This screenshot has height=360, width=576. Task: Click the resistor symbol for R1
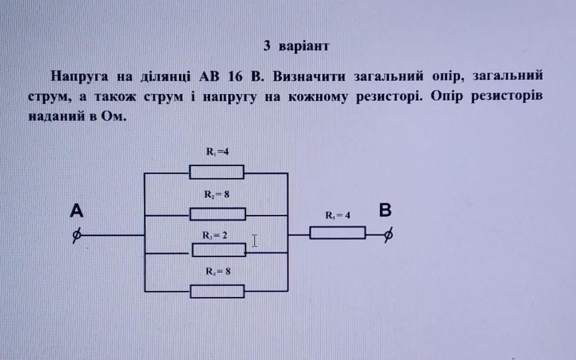217,171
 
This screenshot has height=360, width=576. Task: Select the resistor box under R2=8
218,214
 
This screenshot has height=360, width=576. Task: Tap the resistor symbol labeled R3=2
219,251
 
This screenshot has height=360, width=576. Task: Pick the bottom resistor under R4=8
217,292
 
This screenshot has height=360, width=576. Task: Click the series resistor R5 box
338,233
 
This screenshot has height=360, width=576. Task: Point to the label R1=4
217,152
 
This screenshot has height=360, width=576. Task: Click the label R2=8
217,194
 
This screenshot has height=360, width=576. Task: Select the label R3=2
216,235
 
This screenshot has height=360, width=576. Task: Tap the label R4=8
217,272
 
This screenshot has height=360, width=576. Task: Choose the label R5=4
337,216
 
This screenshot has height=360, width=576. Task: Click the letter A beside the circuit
76,212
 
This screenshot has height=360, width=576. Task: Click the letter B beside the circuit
386,210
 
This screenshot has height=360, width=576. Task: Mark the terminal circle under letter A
76,235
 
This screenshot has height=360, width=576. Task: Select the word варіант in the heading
303,46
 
